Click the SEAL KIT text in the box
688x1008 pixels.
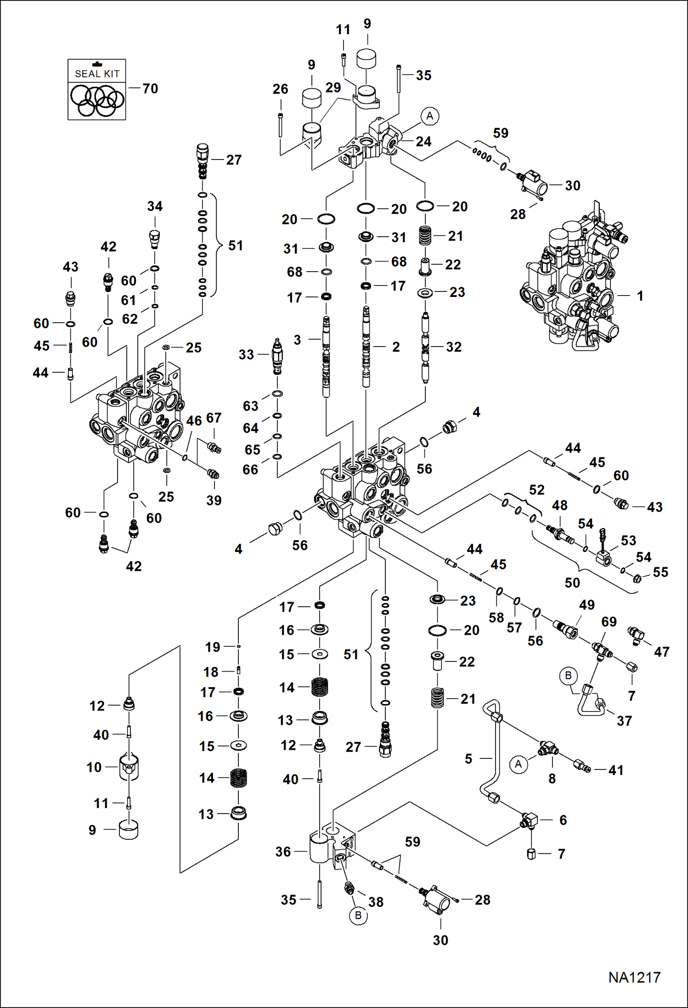point(97,74)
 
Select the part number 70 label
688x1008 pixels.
point(150,88)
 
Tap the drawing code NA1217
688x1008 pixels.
point(634,977)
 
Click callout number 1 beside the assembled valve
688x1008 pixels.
point(640,296)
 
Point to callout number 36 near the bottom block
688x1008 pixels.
point(283,852)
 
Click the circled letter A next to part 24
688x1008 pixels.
point(429,116)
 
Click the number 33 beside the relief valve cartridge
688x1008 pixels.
point(246,354)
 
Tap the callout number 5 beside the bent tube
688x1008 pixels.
point(468,758)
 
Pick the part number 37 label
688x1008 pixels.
point(624,721)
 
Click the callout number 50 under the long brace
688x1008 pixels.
point(572,582)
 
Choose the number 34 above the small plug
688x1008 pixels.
point(155,206)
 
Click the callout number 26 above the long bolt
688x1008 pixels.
point(280,89)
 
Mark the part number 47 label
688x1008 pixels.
point(661,651)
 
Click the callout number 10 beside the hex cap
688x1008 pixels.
point(94,767)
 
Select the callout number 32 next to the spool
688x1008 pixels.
point(454,347)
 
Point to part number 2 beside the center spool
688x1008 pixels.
point(396,347)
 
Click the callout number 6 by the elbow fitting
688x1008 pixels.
point(563,820)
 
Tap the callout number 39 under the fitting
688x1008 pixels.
point(214,500)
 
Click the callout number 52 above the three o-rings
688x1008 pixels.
point(536,490)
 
